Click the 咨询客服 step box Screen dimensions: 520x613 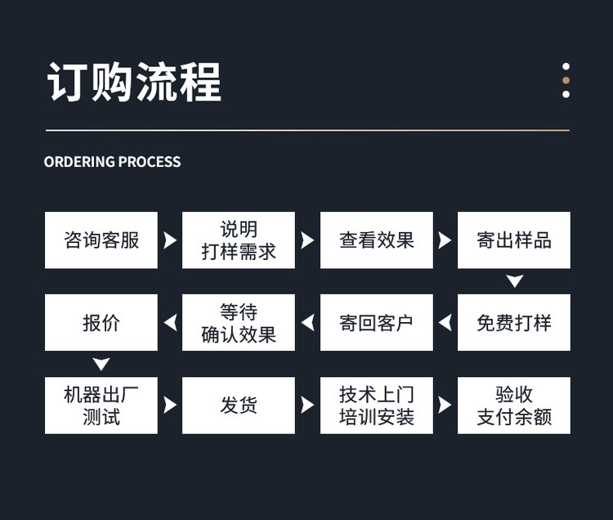(101, 240)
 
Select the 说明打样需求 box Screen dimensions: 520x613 (239, 240)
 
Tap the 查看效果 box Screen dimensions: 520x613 (376, 240)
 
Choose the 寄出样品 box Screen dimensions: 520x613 (513, 240)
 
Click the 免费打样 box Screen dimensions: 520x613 (513, 323)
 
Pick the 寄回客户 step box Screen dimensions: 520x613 (376, 323)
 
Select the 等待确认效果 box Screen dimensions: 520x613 (239, 323)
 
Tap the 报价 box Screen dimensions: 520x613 (101, 323)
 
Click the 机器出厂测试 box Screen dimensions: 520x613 (101, 406)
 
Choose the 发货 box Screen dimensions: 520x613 (239, 406)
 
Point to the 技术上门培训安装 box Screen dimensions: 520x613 (376, 406)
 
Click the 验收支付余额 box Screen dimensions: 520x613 (513, 406)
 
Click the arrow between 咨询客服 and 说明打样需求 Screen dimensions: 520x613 (170, 240)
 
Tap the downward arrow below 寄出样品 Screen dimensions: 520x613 (514, 282)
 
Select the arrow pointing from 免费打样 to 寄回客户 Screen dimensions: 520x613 (445, 323)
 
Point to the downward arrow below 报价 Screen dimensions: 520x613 (101, 365)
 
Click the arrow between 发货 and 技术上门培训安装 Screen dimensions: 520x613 (307, 406)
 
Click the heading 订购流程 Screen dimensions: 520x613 (135, 82)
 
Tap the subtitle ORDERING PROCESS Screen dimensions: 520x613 (113, 162)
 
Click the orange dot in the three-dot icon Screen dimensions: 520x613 (566, 81)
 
